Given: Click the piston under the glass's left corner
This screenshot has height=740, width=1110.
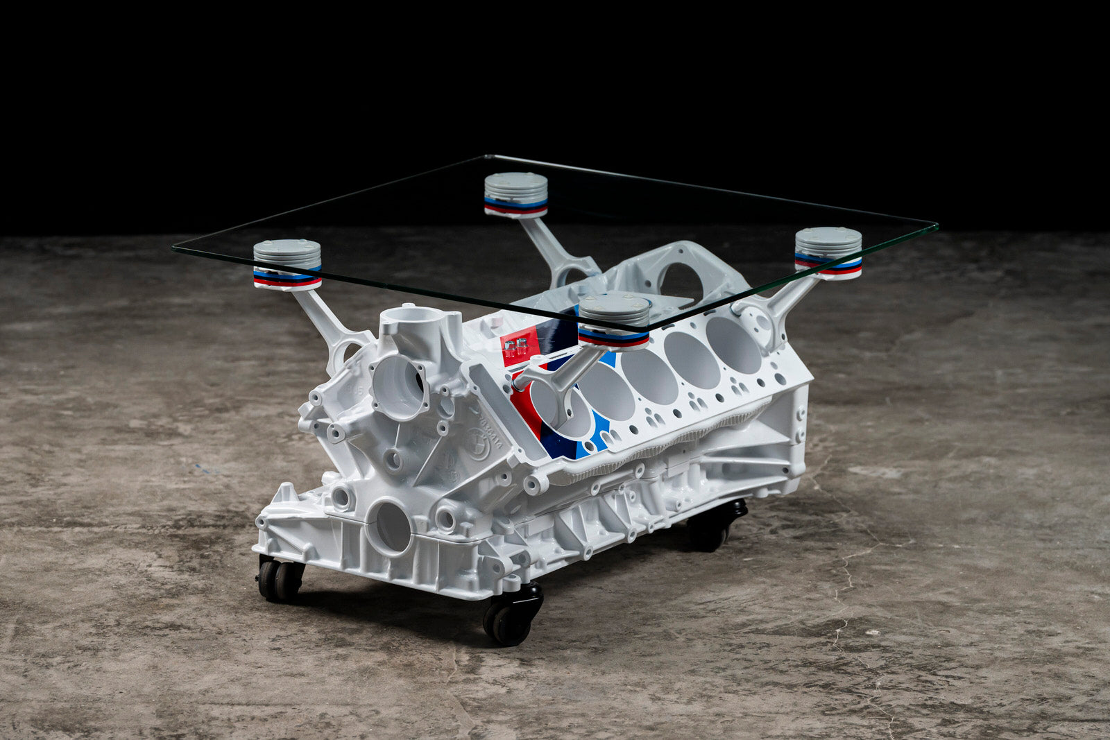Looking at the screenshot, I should point(287,264).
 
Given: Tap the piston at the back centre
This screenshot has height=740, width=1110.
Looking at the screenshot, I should point(515,194).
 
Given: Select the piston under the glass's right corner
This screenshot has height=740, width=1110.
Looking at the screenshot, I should point(828,252).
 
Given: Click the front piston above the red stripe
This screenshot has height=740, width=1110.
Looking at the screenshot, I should point(614,319).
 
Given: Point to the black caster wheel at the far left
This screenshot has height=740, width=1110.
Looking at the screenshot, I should point(280,579).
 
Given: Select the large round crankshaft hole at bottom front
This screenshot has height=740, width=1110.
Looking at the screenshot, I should point(393,527).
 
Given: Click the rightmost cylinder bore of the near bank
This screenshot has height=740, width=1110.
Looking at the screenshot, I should point(734,344).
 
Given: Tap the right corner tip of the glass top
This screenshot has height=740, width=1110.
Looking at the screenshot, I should point(936,225).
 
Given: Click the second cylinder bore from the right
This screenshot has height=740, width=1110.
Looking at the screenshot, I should point(692,360).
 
